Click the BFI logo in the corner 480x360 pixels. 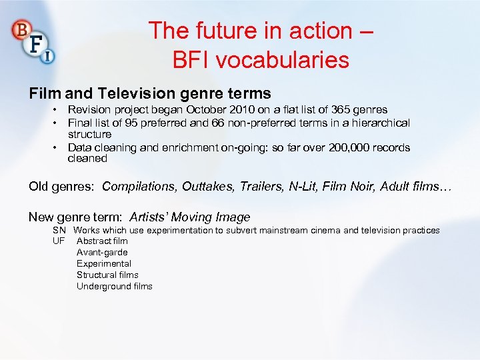33,41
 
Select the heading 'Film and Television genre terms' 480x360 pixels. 149,93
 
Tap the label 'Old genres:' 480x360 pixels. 62,187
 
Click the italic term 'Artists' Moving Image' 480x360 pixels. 190,217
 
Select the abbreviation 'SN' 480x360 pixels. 59,230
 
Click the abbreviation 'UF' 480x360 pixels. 59,241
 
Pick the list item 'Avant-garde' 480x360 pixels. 102,252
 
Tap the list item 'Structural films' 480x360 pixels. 107,275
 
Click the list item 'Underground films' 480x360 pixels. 114,286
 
